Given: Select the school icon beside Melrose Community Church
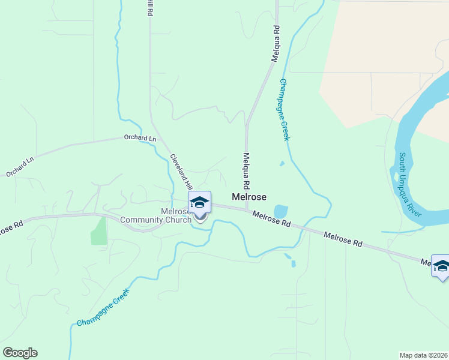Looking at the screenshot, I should [x=199, y=203].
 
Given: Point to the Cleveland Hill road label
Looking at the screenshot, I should [x=181, y=172].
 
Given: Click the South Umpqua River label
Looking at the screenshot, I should [x=411, y=185].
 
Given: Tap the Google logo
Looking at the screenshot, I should [x=20, y=353].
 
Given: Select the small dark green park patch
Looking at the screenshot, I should [x=99, y=230].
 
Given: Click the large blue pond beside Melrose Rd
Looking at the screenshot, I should [x=280, y=212].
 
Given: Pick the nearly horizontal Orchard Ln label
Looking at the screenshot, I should [x=140, y=138].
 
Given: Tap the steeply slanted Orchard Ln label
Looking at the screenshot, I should [x=21, y=167].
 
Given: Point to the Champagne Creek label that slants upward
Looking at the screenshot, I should [x=103, y=308].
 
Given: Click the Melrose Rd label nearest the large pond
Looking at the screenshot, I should [x=271, y=218].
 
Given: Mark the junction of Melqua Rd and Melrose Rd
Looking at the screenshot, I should [x=246, y=209].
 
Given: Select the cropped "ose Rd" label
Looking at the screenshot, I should [x=10, y=229].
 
